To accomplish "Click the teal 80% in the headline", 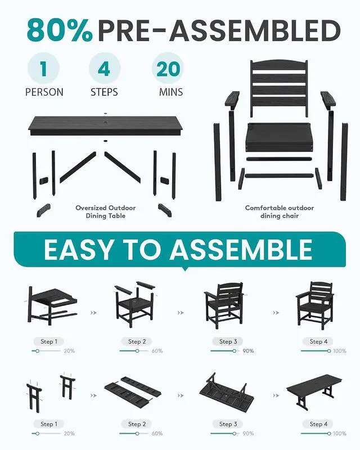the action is [60, 30].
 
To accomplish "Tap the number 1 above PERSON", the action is [43, 69].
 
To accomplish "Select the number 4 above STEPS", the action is [104, 69].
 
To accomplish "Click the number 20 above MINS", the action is [168, 69].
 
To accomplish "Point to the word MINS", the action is [171, 92].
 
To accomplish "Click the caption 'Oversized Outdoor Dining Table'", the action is [106, 212].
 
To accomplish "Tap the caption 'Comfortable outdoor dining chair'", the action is [280, 212].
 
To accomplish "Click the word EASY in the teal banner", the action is [78, 249].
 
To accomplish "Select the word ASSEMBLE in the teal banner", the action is [241, 249].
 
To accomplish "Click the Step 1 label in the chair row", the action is [49, 341].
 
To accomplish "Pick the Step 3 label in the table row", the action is [228, 424].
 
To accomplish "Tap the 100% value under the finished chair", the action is [340, 350].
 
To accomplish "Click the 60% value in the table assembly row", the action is [157, 433].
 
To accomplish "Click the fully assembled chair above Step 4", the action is [315, 305].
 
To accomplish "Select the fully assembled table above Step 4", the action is [314, 391].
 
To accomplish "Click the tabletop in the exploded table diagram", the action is [105, 125].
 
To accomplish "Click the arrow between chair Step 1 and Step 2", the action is [93, 313].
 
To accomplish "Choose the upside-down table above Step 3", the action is [227, 391].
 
